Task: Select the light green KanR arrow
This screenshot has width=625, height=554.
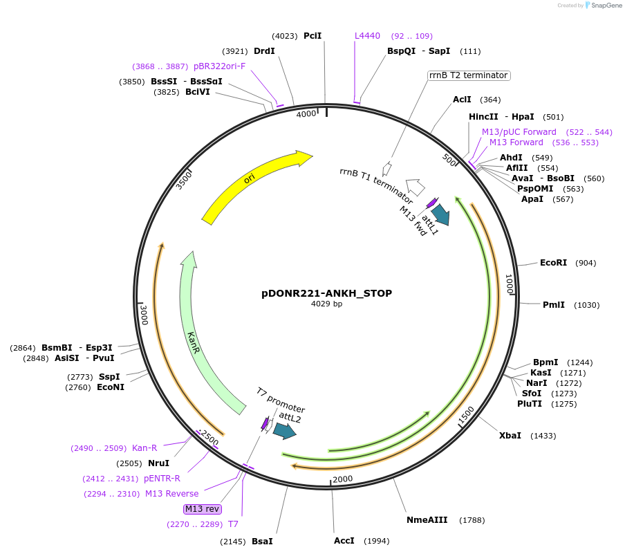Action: pyautogui.click(x=196, y=339)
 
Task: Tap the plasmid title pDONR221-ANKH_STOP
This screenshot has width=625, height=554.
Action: pyautogui.click(x=326, y=293)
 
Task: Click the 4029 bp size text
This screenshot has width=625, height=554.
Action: pyautogui.click(x=326, y=304)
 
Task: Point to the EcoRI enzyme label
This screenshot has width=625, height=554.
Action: pyautogui.click(x=553, y=263)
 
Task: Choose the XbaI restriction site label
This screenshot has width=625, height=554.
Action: pyautogui.click(x=510, y=436)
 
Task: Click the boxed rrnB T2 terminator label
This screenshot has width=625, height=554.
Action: pyautogui.click(x=468, y=75)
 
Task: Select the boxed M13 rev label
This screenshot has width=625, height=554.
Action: pyautogui.click(x=203, y=509)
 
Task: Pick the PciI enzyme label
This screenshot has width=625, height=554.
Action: pyautogui.click(x=312, y=36)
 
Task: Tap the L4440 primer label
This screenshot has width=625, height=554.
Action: pyautogui.click(x=367, y=36)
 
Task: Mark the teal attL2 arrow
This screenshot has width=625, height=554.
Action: pyautogui.click(x=284, y=431)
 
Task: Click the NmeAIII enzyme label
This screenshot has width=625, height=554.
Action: pyautogui.click(x=427, y=520)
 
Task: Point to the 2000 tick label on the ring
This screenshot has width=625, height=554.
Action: pyautogui.click(x=343, y=479)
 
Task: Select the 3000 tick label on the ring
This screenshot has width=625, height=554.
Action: pyautogui.click(x=144, y=315)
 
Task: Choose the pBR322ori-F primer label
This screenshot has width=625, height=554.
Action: pyautogui.click(x=219, y=66)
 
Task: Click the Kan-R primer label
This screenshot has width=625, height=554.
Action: pyautogui.click(x=144, y=448)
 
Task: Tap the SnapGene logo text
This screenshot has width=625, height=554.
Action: pyautogui.click(x=606, y=6)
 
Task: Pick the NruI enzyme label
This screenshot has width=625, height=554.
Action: pyautogui.click(x=158, y=463)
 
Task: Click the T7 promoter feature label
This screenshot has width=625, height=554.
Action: pyautogui.click(x=281, y=400)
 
